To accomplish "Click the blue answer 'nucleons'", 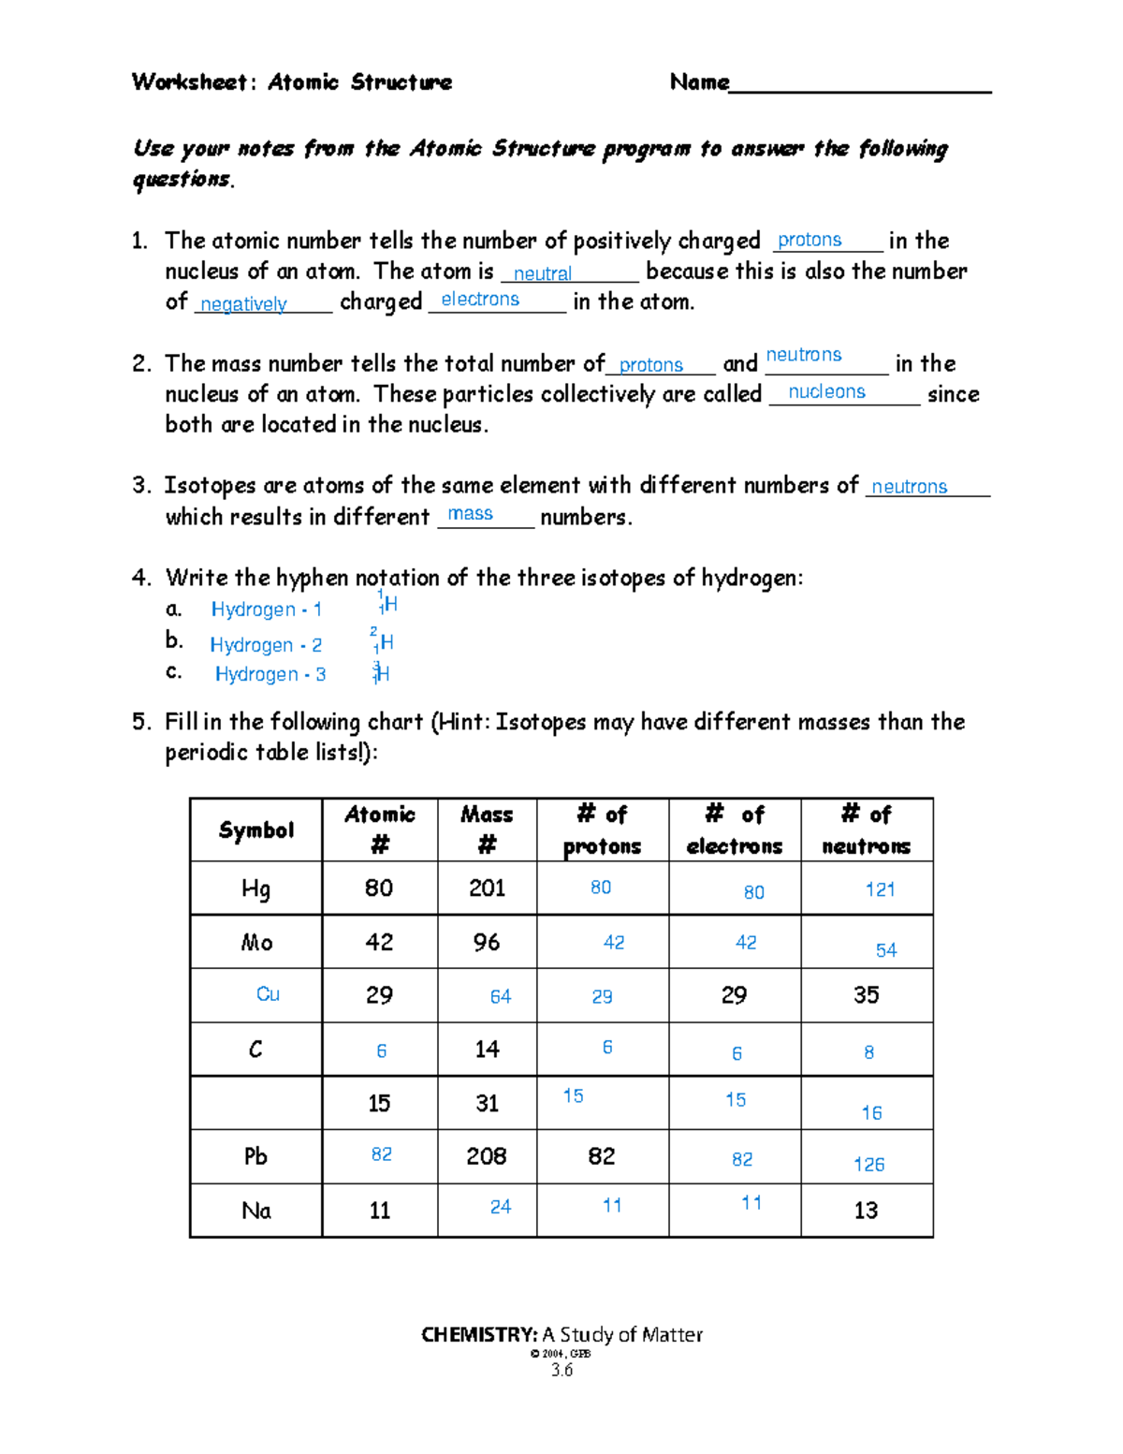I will coord(826,392).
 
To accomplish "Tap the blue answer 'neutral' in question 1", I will coord(543,273).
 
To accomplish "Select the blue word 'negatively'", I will coord(243,304).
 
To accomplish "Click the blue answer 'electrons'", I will coord(480,300).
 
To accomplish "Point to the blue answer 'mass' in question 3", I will coord(470,514).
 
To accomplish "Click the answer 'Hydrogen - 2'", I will coord(266,645).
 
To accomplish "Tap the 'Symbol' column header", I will coord(256,830).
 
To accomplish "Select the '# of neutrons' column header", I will coord(866,830).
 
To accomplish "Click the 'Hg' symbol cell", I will coord(255,889).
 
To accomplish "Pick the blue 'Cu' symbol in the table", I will coord(268,994).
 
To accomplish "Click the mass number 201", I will coord(487,889).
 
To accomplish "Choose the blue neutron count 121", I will coord(880,889).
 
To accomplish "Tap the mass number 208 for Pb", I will coord(487,1156).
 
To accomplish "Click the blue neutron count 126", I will coord(868,1165).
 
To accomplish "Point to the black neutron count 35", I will coord(866,995).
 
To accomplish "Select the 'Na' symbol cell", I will coord(256,1211).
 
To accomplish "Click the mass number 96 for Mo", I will coord(487,942).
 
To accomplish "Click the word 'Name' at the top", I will coord(699,82).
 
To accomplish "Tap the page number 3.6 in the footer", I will coord(561,1370).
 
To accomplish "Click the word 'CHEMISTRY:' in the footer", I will coord(479,1335).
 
